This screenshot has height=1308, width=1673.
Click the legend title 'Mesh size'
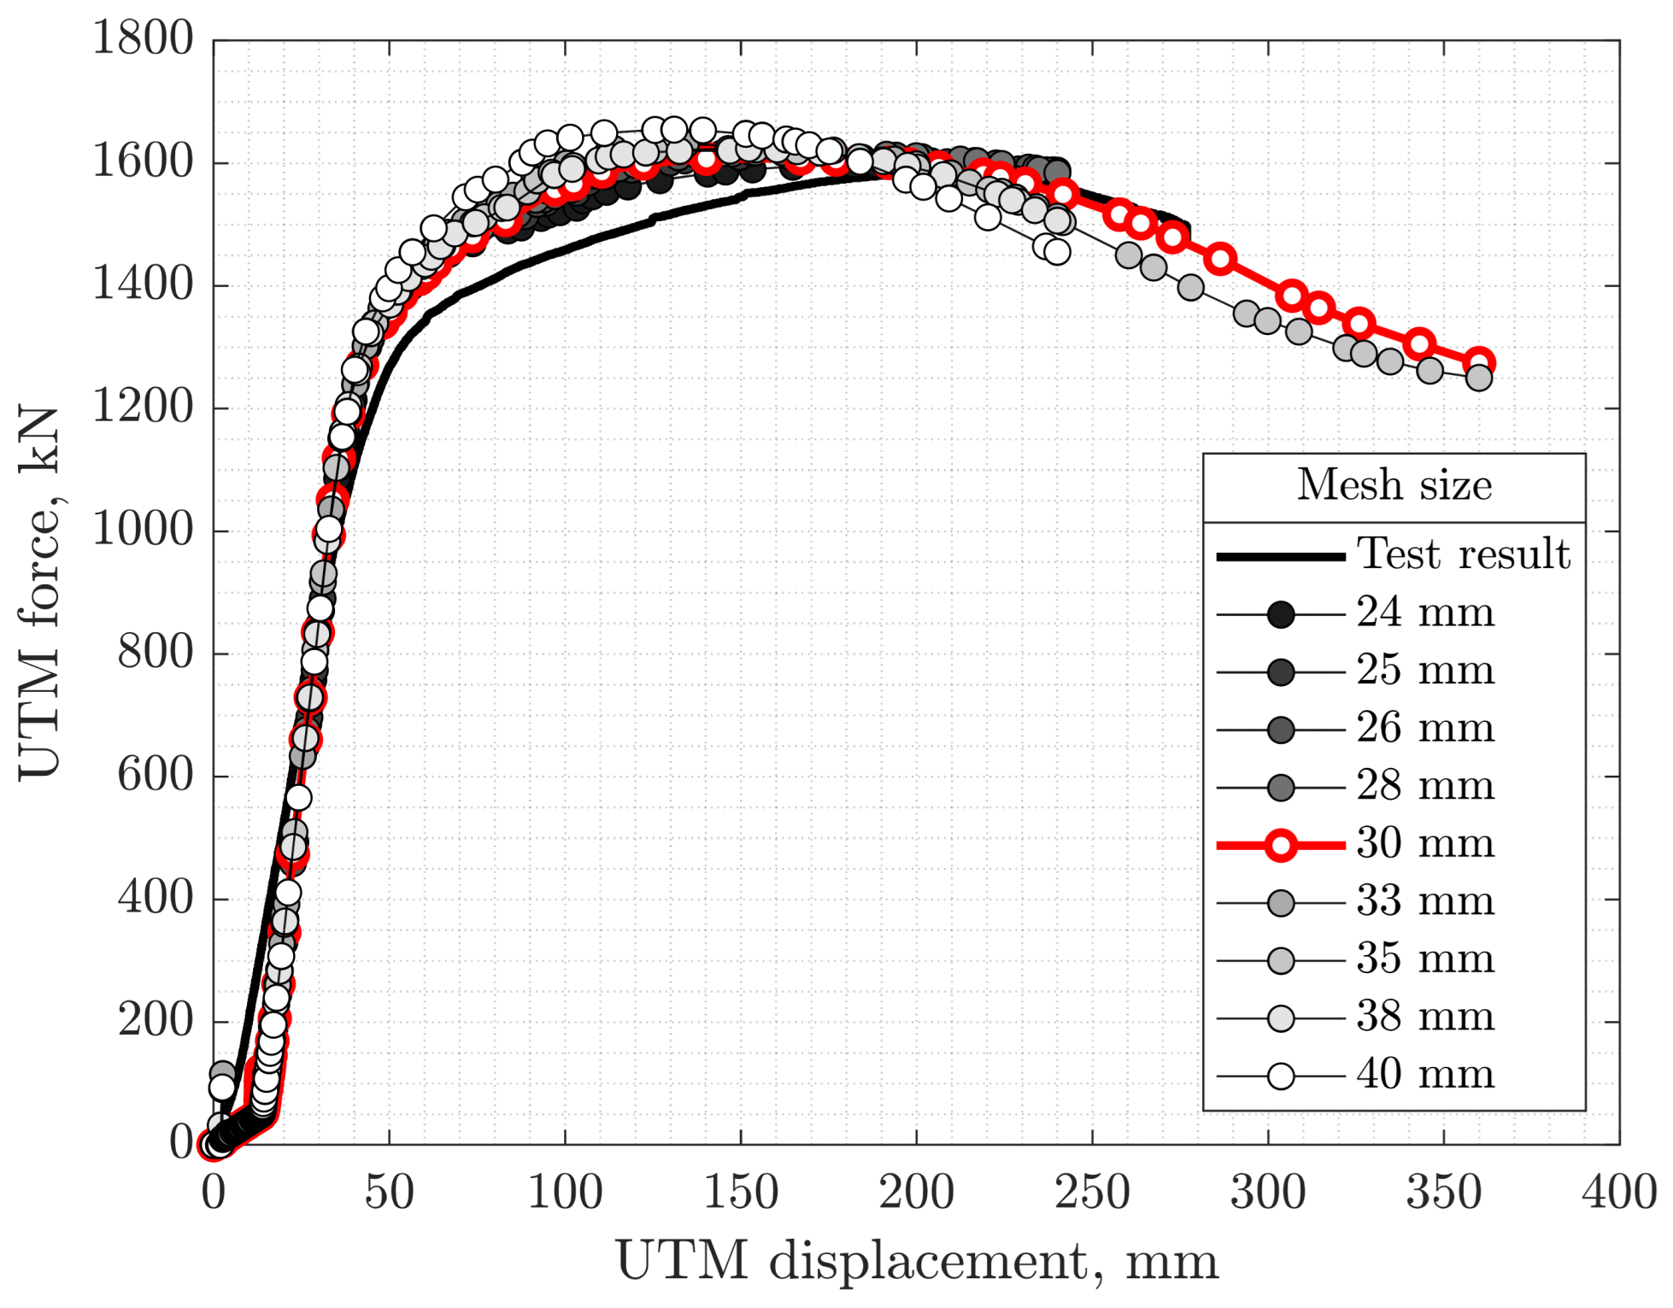[1394, 486]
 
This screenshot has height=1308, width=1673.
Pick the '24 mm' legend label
[1425, 613]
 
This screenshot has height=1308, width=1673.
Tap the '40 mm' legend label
[1425, 1075]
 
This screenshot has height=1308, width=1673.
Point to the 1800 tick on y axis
[143, 39]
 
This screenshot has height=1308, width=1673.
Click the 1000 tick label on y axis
[143, 531]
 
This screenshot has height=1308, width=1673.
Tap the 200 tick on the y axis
[156, 1021]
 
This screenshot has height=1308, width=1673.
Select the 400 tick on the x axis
[1618, 1193]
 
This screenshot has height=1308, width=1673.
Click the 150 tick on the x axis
[740, 1193]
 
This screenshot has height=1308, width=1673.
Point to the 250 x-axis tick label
[1092, 1193]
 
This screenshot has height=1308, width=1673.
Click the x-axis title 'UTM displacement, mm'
[916, 1261]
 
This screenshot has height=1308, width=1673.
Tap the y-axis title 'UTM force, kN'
[39, 591]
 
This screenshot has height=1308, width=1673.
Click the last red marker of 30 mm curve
[1479, 363]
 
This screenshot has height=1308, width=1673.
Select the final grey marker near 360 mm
[1479, 378]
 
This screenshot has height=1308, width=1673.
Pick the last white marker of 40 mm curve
[1057, 252]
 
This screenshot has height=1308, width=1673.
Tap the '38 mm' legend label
[1425, 1018]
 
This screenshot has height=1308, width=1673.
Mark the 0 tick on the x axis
[214, 1193]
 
